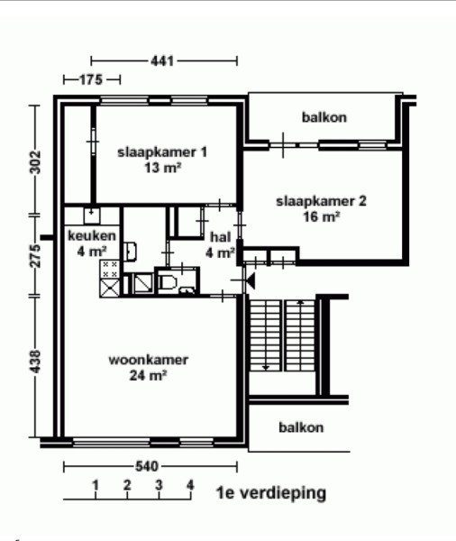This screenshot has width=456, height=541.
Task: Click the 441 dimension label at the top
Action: point(162,61)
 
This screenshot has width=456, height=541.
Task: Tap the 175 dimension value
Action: point(91,80)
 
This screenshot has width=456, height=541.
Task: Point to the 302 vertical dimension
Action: point(35,162)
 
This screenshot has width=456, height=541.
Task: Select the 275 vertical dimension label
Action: point(35,256)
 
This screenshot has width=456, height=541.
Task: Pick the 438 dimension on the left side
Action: point(35,362)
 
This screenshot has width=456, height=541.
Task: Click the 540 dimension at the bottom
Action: point(147,466)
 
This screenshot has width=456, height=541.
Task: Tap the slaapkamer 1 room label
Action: point(162,152)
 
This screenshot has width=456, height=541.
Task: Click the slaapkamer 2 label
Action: point(321,201)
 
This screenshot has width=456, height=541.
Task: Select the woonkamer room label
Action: point(149,360)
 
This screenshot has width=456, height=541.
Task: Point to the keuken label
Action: point(92,236)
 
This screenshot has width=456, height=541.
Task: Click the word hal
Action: point(221,237)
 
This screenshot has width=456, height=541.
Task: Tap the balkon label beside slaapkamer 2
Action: point(324,117)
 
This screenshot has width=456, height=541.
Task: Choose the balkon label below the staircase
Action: point(301,427)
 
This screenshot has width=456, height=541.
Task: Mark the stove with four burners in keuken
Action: point(110,270)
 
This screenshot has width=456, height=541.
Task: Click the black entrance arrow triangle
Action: point(251,280)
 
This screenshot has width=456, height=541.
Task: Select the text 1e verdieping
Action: point(271,493)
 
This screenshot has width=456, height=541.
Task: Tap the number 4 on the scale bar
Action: point(190,485)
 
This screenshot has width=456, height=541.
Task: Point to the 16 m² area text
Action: point(322,216)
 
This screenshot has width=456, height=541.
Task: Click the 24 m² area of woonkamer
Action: point(149,375)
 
